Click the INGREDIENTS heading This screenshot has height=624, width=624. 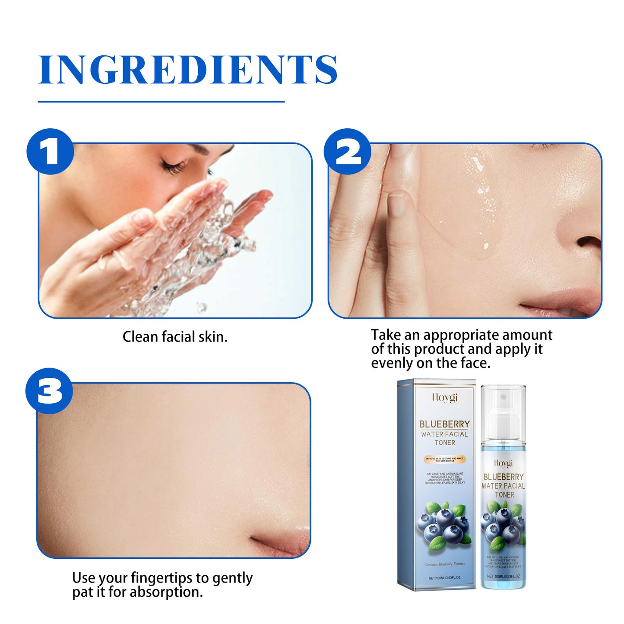[188, 70]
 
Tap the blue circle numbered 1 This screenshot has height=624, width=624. [50, 152]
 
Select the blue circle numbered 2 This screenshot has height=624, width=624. [348, 152]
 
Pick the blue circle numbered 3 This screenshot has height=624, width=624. [49, 391]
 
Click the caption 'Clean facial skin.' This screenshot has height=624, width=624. [175, 337]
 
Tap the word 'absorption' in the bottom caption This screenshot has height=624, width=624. [166, 592]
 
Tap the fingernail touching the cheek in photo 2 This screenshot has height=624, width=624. [396, 205]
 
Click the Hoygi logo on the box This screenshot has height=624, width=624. [444, 397]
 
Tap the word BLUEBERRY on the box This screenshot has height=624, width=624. [444, 424]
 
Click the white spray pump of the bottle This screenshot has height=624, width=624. [503, 415]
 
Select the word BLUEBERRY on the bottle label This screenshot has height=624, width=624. [504, 477]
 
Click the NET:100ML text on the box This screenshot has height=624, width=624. [444, 578]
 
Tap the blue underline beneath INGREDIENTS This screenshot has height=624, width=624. [161, 102]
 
